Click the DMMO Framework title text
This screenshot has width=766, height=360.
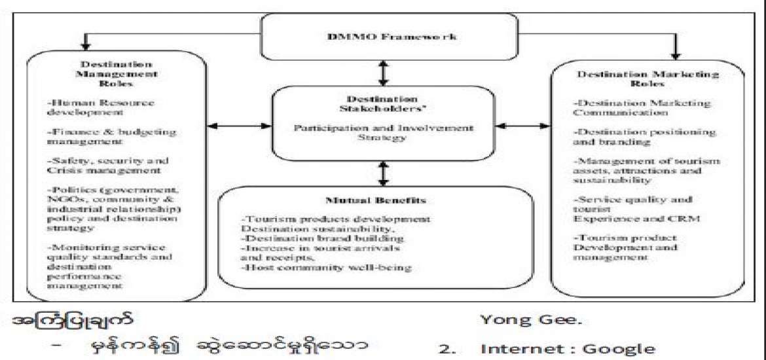pyautogui.click(x=382, y=37)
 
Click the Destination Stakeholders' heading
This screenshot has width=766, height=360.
pyautogui.click(x=383, y=105)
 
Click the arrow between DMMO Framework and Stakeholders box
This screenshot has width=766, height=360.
pyautogui.click(x=383, y=70)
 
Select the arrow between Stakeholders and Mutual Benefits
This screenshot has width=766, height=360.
pyautogui.click(x=383, y=174)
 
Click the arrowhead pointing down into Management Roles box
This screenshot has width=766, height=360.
pyautogui.click(x=84, y=46)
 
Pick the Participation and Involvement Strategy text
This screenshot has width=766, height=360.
pyautogui.click(x=382, y=133)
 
